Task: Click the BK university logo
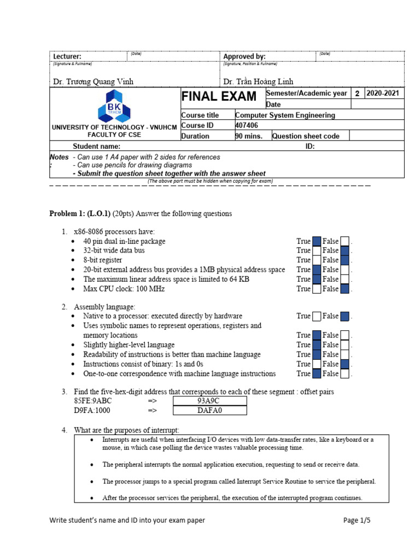tap(115, 106)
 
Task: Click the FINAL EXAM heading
tap(219, 97)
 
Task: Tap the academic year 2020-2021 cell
tap(383, 94)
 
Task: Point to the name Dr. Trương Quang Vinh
tap(93, 81)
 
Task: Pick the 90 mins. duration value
tap(249, 136)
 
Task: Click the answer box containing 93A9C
tap(209, 401)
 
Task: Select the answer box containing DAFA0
tap(209, 410)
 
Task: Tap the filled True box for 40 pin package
tap(317, 241)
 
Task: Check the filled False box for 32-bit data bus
tap(345, 250)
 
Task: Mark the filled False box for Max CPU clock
tap(345, 289)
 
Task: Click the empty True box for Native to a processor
tap(317, 316)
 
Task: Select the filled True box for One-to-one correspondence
tap(317, 374)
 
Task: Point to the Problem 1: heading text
tap(68, 213)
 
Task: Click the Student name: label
tap(97, 147)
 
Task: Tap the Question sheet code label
tap(306, 136)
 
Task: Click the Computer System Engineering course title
tap(285, 115)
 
